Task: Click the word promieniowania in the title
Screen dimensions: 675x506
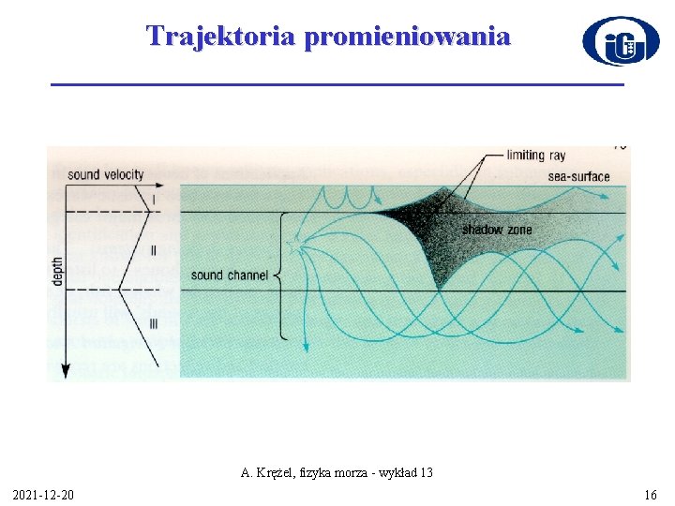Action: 408,37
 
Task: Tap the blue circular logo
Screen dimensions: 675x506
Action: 620,41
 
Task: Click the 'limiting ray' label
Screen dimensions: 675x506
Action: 535,155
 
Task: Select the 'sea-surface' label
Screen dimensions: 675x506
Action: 578,175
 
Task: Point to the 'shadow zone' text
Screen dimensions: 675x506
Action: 496,230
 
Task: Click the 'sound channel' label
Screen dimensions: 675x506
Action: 229,275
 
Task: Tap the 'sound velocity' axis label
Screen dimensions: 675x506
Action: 106,174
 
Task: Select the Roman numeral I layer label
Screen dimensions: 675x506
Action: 153,199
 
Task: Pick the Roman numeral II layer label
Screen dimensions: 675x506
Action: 154,251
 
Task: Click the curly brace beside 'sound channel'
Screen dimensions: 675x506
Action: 278,275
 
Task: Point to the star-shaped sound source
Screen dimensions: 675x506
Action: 299,245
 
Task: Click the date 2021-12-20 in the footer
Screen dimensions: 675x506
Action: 45,494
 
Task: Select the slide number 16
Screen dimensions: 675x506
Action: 651,494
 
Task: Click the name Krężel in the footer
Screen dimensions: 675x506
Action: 275,472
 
